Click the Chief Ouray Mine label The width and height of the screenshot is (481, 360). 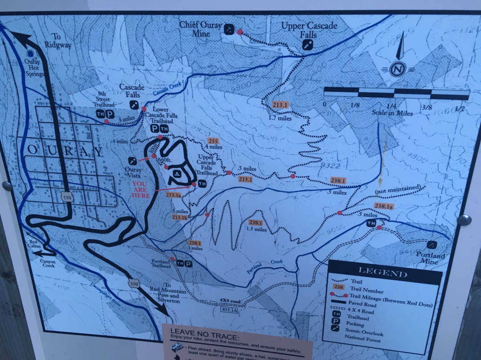[200, 29]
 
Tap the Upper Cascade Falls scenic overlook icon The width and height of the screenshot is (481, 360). [307, 45]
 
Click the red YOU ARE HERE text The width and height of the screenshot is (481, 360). [140, 189]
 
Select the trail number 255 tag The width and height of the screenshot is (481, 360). [213, 141]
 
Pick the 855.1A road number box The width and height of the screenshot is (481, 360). [230, 309]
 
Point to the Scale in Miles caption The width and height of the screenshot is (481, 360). [392, 113]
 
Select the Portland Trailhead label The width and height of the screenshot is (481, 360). [160, 263]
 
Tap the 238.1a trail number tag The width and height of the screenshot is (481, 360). [383, 206]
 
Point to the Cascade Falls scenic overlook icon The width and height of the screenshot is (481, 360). [134, 105]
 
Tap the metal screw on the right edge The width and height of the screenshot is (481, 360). [464, 220]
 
